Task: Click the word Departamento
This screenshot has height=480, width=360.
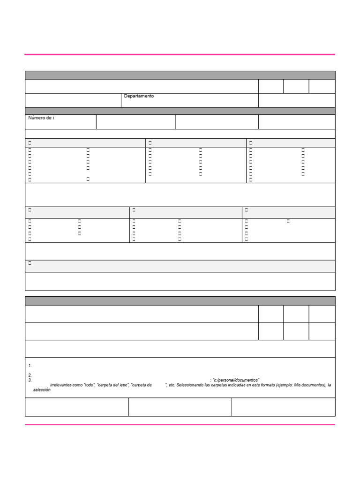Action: [x=139, y=96]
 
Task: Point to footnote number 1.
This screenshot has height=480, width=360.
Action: [x=30, y=366]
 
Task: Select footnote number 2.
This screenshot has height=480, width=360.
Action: [x=30, y=375]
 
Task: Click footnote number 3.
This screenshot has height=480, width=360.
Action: [x=30, y=380]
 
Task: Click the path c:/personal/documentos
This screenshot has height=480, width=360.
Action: [x=236, y=380]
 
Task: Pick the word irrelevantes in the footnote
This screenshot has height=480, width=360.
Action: [x=61, y=385]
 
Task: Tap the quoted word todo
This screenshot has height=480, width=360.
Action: [x=90, y=385]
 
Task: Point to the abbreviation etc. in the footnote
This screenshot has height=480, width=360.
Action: [x=172, y=385]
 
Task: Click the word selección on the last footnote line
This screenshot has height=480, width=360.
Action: [x=42, y=390]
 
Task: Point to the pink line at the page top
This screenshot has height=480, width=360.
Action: [x=180, y=55]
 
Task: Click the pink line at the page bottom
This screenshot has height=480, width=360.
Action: [x=180, y=425]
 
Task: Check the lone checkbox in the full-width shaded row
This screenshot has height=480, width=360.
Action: [x=30, y=264]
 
